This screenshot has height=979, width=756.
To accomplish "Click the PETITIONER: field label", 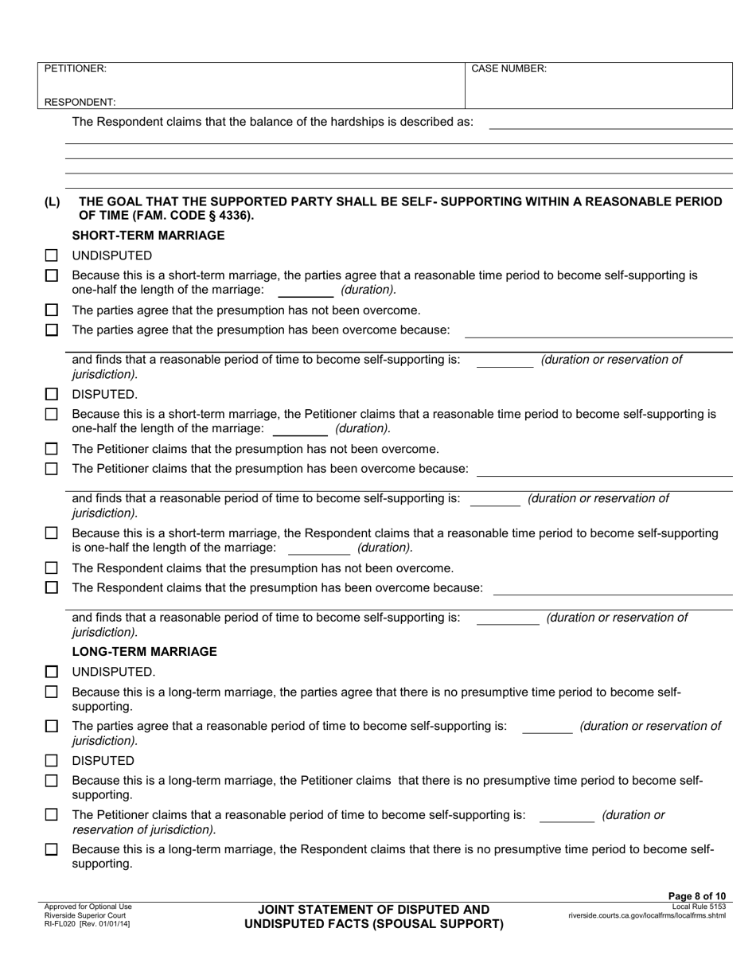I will point(75,68).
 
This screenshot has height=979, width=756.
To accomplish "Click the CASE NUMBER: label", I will point(509,68).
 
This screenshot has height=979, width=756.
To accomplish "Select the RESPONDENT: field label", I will point(80,102).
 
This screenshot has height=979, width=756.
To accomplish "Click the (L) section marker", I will point(52,202).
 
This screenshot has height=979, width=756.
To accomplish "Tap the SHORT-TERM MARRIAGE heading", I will point(148,236).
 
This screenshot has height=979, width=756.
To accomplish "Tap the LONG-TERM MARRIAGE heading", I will point(144,651).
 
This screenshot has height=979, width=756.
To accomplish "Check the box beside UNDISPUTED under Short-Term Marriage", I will point(52,256).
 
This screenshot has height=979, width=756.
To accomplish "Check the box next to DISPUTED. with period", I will point(52,394).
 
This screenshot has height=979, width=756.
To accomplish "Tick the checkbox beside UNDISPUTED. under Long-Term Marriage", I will point(52,672).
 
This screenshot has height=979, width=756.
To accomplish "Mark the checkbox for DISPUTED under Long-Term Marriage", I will point(52,761).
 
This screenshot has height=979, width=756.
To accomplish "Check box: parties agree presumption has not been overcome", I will point(52,310).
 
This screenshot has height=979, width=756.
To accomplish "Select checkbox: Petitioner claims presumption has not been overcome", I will point(52,449).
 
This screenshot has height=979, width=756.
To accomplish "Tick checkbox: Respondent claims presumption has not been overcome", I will point(52,568).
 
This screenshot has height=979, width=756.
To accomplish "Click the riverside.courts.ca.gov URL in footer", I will point(646,915).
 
